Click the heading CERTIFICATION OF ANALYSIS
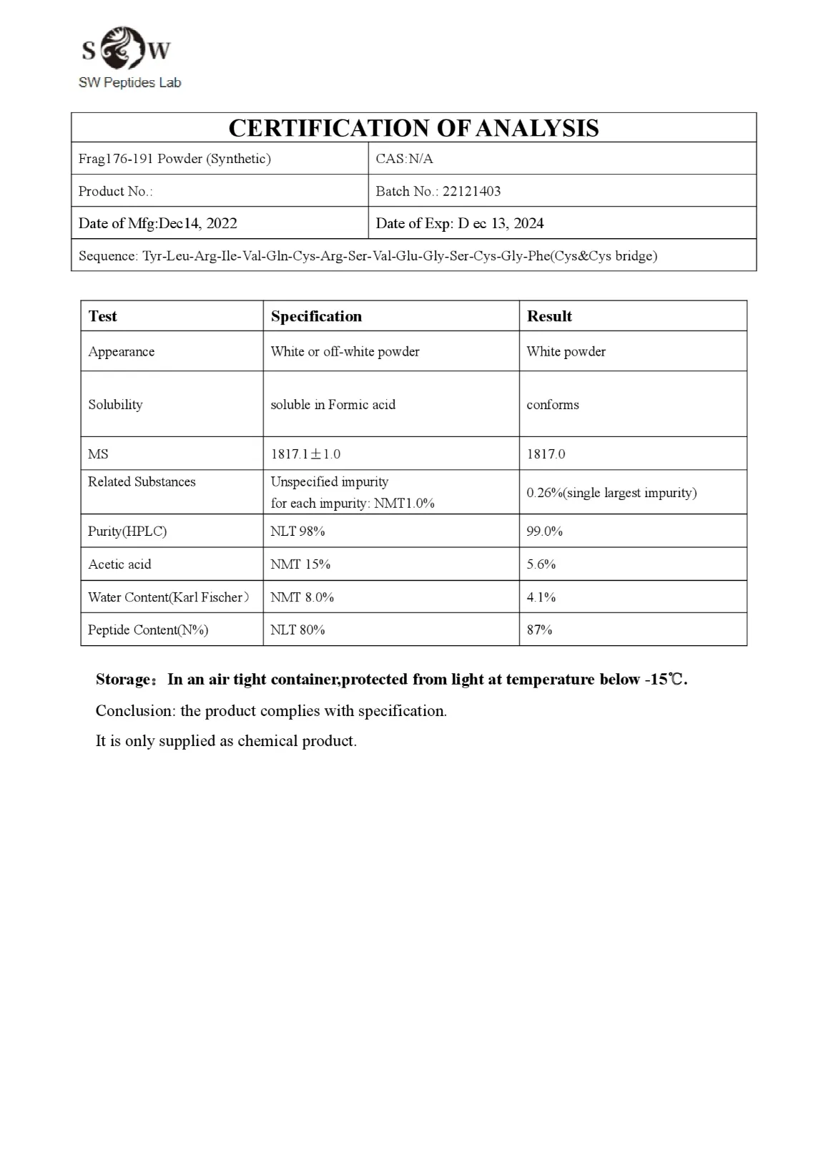pyautogui.click(x=413, y=128)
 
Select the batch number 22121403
pyautogui.click(x=471, y=191)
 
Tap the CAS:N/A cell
pyautogui.click(x=405, y=159)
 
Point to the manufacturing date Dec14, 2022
pyautogui.click(x=197, y=223)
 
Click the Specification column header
pyautogui.click(x=316, y=316)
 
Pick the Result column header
pyautogui.click(x=549, y=316)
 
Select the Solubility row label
pyautogui.click(x=115, y=404)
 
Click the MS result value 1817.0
pyautogui.click(x=546, y=454)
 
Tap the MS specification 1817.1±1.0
pyautogui.click(x=305, y=454)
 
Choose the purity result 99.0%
pyautogui.click(x=544, y=531)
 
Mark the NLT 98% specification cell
pyautogui.click(x=297, y=531)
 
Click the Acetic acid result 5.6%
pyautogui.click(x=541, y=564)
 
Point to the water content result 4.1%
pyautogui.click(x=541, y=597)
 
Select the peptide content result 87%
pyautogui.click(x=539, y=630)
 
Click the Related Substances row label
pyautogui.click(x=142, y=482)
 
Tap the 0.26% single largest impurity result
pyautogui.click(x=611, y=493)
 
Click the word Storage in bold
pyautogui.click(x=123, y=680)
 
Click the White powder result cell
pyautogui.click(x=566, y=352)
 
